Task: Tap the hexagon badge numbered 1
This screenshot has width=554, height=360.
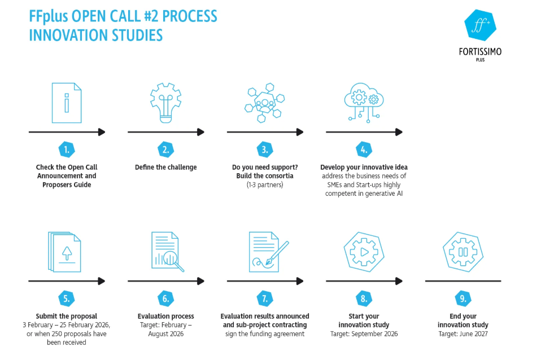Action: pos(67,150)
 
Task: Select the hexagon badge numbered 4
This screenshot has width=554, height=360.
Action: pos(364,150)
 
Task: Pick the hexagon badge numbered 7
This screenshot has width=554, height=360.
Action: pos(265,298)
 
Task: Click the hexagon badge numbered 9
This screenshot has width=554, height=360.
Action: pos(463,298)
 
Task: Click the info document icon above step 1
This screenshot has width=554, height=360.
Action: pos(67,103)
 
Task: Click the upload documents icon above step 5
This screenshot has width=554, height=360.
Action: pos(67,252)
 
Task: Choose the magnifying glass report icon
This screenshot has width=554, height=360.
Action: pos(167,252)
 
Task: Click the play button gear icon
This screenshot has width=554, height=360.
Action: pos(364,252)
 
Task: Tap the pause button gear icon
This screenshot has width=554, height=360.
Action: pos(463,252)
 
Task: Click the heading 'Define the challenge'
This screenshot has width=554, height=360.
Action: pos(165,168)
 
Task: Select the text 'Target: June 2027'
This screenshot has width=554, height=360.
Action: pos(463,334)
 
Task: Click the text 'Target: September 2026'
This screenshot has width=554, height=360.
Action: pos(364,334)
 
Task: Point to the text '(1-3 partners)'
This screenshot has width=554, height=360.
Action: pos(264,185)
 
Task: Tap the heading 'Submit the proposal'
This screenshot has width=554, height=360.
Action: pos(67,317)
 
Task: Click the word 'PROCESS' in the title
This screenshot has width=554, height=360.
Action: pos(186,16)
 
